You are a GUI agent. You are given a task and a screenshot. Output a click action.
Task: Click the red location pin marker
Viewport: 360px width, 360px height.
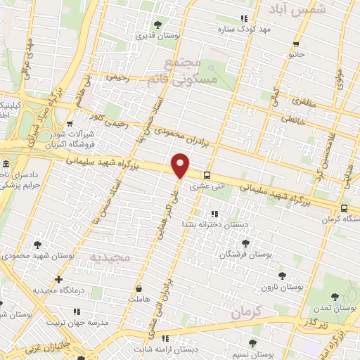181,165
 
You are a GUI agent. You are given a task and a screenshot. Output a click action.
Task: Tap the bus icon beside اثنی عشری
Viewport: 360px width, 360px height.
207,176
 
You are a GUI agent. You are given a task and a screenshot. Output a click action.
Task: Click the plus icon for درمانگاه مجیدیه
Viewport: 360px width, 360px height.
59,279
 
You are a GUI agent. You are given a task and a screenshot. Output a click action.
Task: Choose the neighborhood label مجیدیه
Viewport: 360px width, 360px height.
110,258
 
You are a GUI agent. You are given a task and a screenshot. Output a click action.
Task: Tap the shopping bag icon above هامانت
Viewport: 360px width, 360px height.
139,288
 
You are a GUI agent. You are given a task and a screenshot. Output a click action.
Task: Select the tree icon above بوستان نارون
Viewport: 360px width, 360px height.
282,276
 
